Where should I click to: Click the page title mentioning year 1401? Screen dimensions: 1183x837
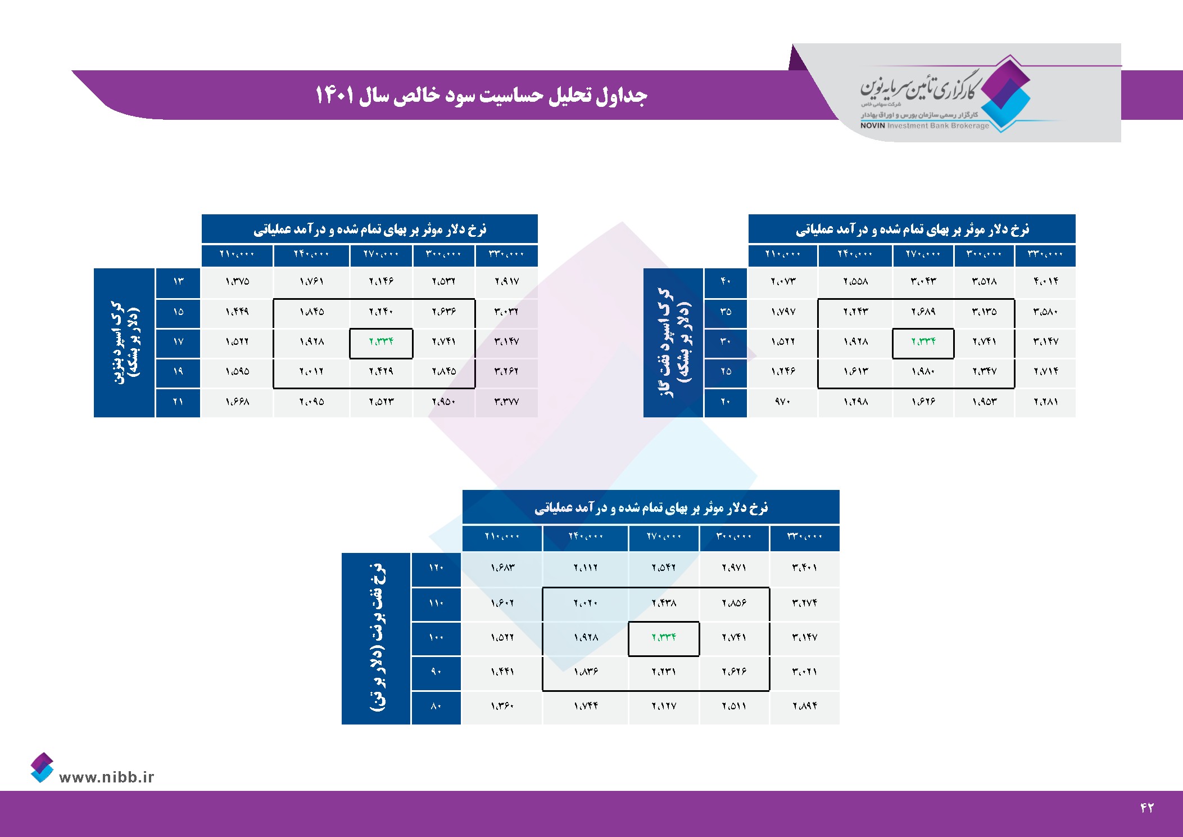point(481,95)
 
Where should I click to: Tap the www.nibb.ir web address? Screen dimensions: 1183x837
point(106,777)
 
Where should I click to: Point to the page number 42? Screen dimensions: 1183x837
point(1146,808)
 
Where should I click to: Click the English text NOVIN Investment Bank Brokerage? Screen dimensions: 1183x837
point(924,125)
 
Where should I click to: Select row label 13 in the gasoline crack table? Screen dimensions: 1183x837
point(178,281)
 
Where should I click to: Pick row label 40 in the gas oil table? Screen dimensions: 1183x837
point(726,281)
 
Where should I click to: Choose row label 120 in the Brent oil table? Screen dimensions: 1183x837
point(436,568)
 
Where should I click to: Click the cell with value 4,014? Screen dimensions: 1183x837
point(1045,281)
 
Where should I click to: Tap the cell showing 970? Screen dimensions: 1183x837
point(782,402)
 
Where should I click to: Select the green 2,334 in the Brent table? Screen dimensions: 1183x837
point(664,637)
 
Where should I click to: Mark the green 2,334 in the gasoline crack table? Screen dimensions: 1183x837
point(381,341)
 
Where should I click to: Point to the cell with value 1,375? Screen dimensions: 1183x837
point(237,281)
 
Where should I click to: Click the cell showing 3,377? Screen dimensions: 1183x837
point(506,402)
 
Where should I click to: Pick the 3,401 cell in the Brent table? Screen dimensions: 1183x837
point(804,568)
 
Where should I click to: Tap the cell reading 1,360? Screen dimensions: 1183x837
point(502,706)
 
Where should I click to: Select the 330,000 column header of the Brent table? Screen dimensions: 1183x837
point(804,537)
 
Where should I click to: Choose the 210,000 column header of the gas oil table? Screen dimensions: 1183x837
point(782,254)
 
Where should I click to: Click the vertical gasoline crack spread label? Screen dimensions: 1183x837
point(125,342)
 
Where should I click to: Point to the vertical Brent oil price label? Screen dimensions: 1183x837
point(377,638)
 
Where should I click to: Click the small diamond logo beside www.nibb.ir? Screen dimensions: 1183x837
point(42,767)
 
